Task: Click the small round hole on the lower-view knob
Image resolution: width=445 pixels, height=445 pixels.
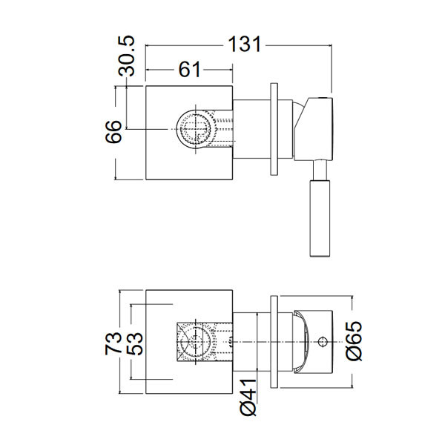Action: (323, 342)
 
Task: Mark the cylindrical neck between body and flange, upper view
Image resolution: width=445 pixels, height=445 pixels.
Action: (252, 131)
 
